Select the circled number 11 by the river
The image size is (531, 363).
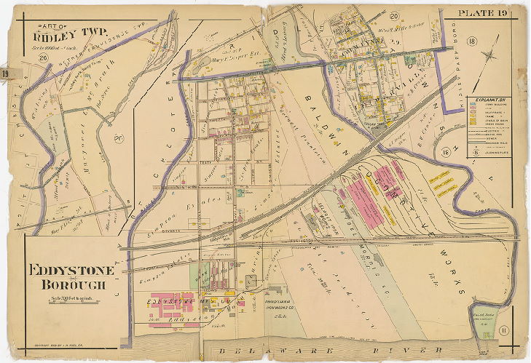504,332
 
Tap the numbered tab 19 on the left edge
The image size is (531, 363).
5,73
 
